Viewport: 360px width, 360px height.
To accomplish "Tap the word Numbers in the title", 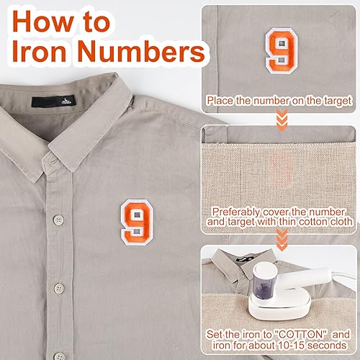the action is (141, 51).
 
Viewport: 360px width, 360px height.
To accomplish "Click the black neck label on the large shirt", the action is (53, 101).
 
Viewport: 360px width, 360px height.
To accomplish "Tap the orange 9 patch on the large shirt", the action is (137, 222).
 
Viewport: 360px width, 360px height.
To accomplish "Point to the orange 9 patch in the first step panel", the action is (282, 50).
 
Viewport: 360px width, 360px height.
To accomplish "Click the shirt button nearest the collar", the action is (58, 220).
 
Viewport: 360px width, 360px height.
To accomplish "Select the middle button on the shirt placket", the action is (59, 289).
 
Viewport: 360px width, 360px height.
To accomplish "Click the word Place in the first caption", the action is (220, 101).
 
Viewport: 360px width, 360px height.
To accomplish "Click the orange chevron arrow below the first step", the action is (282, 120).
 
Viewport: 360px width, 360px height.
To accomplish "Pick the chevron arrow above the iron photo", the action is (282, 240).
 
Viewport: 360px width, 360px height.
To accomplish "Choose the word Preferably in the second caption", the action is (236, 212).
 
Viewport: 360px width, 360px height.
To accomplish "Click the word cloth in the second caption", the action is (341, 222).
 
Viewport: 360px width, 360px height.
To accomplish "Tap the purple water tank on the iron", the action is (265, 287).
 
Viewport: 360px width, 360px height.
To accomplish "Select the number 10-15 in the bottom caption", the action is (291, 346).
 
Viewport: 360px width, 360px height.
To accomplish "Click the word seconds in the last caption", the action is (327, 346).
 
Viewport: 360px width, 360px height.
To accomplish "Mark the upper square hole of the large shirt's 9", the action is (137, 215).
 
